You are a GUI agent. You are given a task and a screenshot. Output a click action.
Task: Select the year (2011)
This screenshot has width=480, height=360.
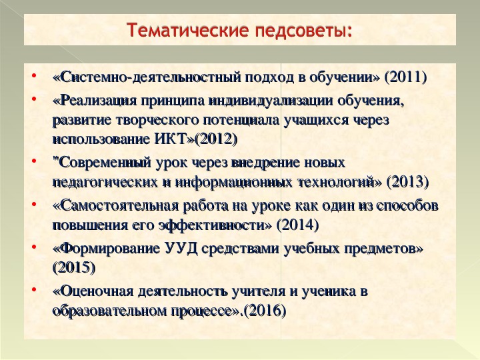tap(405, 77)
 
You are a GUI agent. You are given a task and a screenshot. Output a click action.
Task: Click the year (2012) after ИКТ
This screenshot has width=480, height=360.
tap(217, 139)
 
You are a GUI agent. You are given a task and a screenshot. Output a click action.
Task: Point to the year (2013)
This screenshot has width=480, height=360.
tap(407, 183)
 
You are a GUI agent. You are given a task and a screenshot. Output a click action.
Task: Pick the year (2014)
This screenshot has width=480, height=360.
tap(297, 225)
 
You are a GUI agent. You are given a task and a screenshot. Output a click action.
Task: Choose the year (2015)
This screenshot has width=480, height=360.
tap(74, 268)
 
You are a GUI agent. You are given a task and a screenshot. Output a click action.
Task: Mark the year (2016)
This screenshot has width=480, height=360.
tap(265, 311)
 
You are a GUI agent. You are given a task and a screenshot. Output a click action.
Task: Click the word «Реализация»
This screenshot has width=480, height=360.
tap(97, 101)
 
